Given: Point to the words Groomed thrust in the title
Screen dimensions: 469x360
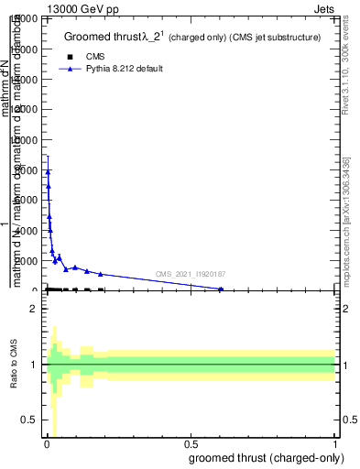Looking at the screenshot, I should point(100,38).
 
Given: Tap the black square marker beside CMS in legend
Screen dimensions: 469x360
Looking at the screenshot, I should point(70,57).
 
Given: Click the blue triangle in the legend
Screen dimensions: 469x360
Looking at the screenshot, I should point(70,69).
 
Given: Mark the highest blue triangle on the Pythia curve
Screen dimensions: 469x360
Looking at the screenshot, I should point(48,170).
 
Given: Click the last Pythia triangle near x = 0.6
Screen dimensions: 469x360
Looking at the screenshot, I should point(221,289).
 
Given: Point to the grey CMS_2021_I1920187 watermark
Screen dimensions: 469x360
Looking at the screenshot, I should point(190,274).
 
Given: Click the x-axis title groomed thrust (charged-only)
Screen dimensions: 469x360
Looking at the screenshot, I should point(266,458).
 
